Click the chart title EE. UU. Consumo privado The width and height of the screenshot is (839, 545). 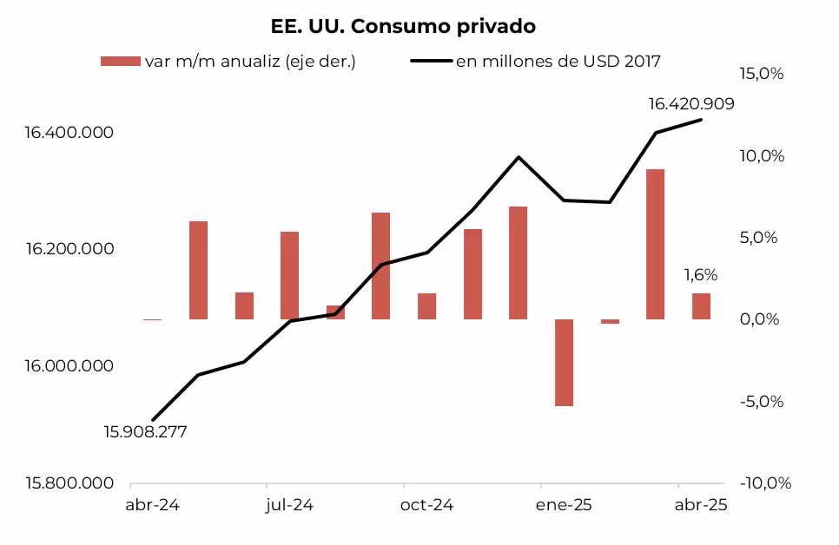pyautogui.click(x=403, y=27)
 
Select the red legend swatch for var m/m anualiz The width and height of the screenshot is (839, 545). pyautogui.click(x=120, y=61)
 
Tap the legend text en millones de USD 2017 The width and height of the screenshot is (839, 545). pyautogui.click(x=558, y=61)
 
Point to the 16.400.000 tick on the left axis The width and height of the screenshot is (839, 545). pyautogui.click(x=69, y=134)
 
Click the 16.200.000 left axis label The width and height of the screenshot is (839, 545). pyautogui.click(x=69, y=250)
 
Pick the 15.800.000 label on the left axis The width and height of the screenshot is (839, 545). pyautogui.click(x=69, y=483)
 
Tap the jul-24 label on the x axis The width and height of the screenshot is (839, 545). pyautogui.click(x=289, y=505)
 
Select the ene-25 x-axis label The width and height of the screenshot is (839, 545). pyautogui.click(x=564, y=505)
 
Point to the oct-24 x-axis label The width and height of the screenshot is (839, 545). pyautogui.click(x=426, y=505)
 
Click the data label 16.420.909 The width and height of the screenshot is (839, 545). pyautogui.click(x=691, y=104)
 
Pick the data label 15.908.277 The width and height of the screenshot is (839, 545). pyautogui.click(x=145, y=432)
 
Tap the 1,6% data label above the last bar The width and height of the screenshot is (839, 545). pyautogui.click(x=701, y=275)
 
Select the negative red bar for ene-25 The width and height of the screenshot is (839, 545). pyautogui.click(x=564, y=362)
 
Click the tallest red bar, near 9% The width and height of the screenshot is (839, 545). pyautogui.click(x=655, y=244)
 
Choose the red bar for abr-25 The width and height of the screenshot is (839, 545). pyautogui.click(x=701, y=306)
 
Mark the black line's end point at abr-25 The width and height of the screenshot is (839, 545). pyautogui.click(x=701, y=120)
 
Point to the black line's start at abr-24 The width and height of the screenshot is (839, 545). pyautogui.click(x=153, y=420)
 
